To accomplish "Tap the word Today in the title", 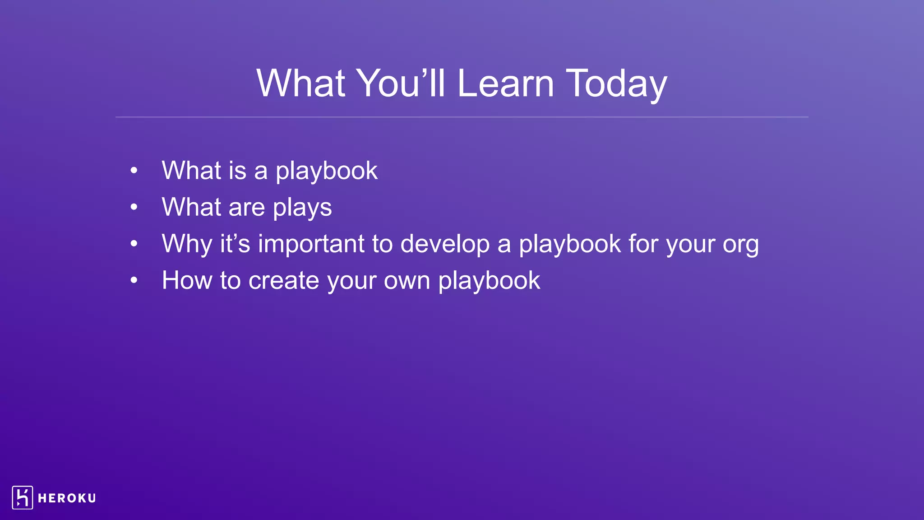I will (x=616, y=84).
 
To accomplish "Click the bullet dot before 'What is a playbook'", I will (x=134, y=171).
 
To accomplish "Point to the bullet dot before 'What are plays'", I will (x=134, y=207).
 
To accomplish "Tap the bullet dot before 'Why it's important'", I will (x=134, y=244).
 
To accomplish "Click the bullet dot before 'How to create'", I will (x=134, y=280).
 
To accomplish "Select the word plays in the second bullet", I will (x=302, y=208).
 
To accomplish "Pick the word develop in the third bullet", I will (x=445, y=244).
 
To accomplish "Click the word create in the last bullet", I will (x=284, y=280).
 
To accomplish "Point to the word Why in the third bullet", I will (x=187, y=244).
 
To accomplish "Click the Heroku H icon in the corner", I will (x=23, y=497).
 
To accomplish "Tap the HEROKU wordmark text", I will (x=67, y=498).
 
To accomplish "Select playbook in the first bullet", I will (x=327, y=171).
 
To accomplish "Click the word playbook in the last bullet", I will (x=489, y=281).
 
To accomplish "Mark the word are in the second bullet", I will (x=246, y=208).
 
